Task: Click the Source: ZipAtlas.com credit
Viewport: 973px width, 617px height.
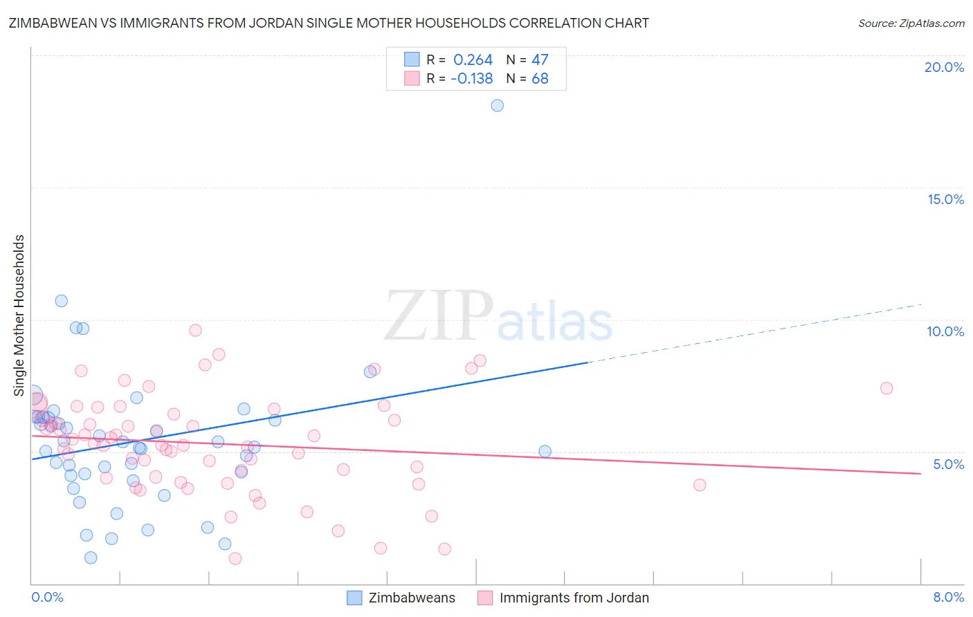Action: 911,23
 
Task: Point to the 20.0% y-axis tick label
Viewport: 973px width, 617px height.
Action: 944,67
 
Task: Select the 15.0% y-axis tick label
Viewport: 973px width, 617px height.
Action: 945,199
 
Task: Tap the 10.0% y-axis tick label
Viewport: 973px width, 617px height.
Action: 945,331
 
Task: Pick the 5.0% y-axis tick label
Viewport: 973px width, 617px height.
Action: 948,463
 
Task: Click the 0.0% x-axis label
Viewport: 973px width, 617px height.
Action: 47,597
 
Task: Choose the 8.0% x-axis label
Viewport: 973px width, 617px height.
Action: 948,597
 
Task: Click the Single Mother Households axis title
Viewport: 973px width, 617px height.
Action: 19,315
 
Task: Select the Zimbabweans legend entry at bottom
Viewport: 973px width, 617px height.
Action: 401,598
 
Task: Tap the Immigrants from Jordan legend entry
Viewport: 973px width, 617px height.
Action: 563,598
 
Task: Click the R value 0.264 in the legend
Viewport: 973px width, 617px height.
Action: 473,59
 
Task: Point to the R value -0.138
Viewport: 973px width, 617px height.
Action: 471,79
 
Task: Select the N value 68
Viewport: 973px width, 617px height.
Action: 540,79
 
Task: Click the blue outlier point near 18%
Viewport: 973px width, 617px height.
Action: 497,106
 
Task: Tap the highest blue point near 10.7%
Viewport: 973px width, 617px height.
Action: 62,301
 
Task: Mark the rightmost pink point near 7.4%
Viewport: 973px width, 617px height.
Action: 886,388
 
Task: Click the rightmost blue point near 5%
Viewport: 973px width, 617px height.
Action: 545,452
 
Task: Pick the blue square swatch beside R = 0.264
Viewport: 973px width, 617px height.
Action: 412,59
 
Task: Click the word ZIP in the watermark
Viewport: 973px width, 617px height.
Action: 439,317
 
